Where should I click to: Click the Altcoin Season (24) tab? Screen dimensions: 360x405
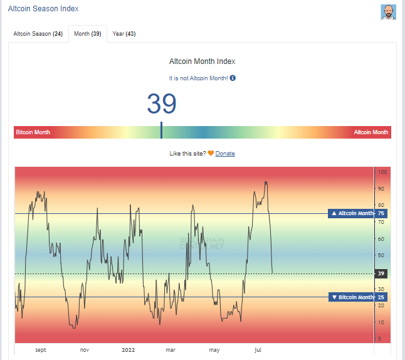pyautogui.click(x=38, y=33)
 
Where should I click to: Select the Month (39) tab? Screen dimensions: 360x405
pyautogui.click(x=87, y=33)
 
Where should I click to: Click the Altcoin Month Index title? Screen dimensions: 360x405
pyautogui.click(x=202, y=61)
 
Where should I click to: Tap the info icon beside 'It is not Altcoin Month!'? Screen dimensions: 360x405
pyautogui.click(x=233, y=78)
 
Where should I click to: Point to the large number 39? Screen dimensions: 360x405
pyautogui.click(x=162, y=103)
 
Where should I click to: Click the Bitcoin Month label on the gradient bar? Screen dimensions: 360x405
pyautogui.click(x=33, y=132)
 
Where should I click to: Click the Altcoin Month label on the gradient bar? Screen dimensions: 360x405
pyautogui.click(x=371, y=132)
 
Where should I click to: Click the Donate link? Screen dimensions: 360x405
pyautogui.click(x=225, y=154)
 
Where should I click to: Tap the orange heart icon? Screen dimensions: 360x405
pyautogui.click(x=211, y=154)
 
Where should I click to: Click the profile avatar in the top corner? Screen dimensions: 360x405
pyautogui.click(x=389, y=12)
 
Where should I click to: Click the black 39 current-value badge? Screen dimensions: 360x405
pyautogui.click(x=381, y=273)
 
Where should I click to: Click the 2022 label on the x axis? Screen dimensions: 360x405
pyautogui.click(x=129, y=350)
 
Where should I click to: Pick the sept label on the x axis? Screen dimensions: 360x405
pyautogui.click(x=41, y=350)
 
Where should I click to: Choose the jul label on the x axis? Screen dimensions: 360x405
pyautogui.click(x=258, y=350)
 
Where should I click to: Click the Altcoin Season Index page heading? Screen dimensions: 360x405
pyautogui.click(x=43, y=10)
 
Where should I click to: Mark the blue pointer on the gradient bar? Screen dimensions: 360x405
pyautogui.click(x=162, y=130)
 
